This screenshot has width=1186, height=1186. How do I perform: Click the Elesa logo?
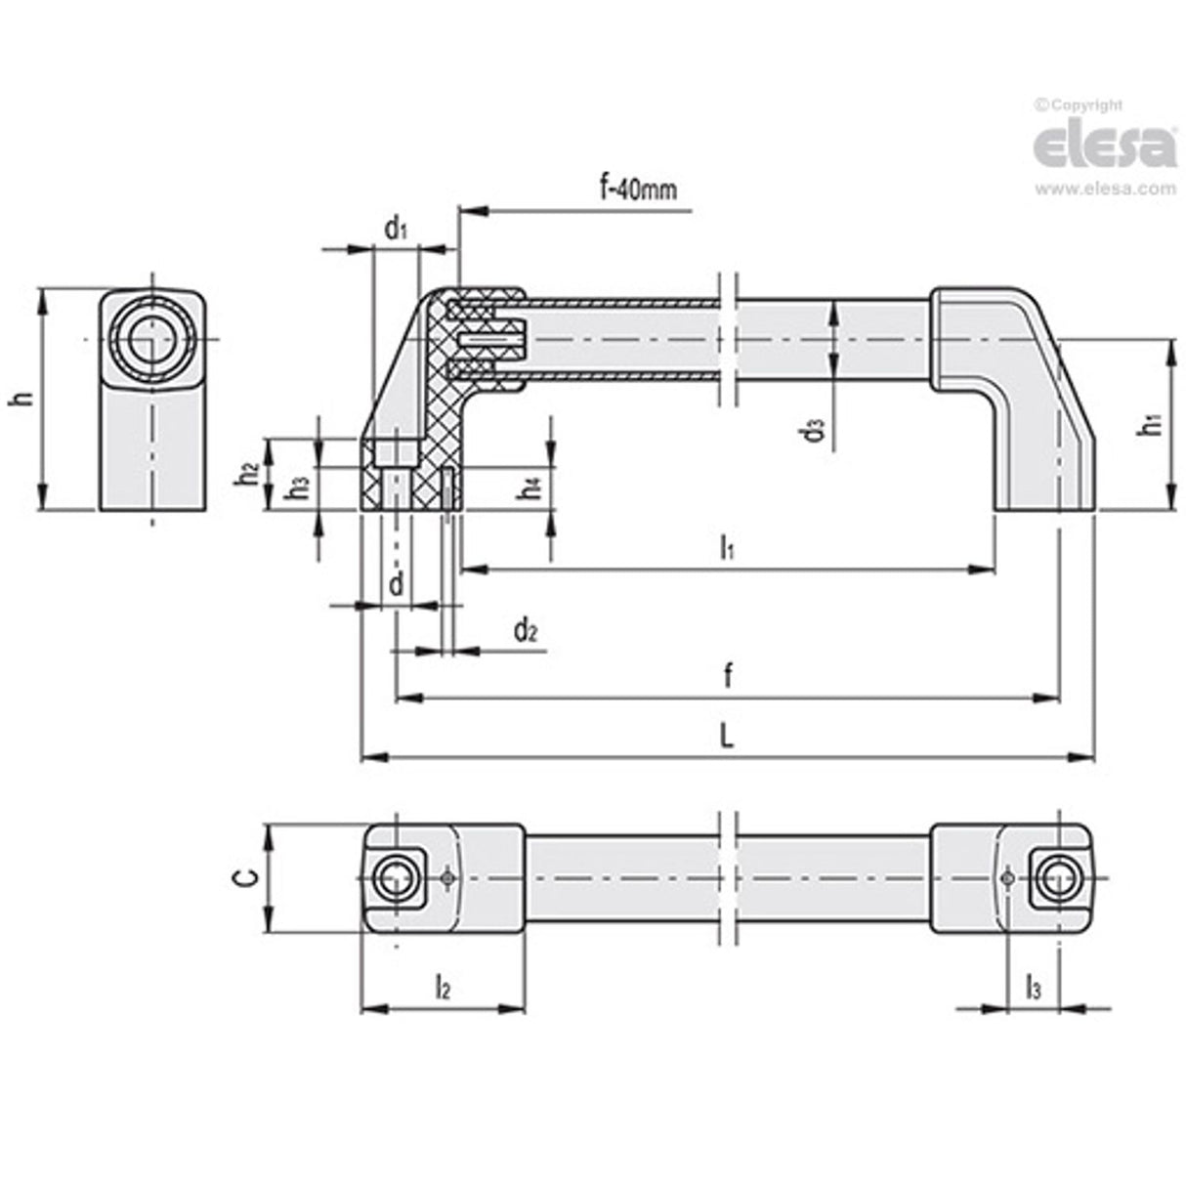[x=1104, y=146]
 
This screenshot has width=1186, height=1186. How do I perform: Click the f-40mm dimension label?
[x=638, y=189]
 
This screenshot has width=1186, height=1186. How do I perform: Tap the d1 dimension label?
[x=395, y=231]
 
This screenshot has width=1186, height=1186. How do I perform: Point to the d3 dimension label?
[x=814, y=431]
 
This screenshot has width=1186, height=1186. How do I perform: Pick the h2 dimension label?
[x=248, y=473]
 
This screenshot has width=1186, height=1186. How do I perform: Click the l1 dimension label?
[x=727, y=550]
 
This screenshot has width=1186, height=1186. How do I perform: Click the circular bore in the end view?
[x=151, y=339]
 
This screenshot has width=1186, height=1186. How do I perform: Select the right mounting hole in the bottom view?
[x=1057, y=877]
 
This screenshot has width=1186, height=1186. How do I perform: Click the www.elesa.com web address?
[x=1105, y=190]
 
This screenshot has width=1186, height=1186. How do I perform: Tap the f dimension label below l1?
[x=727, y=676]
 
